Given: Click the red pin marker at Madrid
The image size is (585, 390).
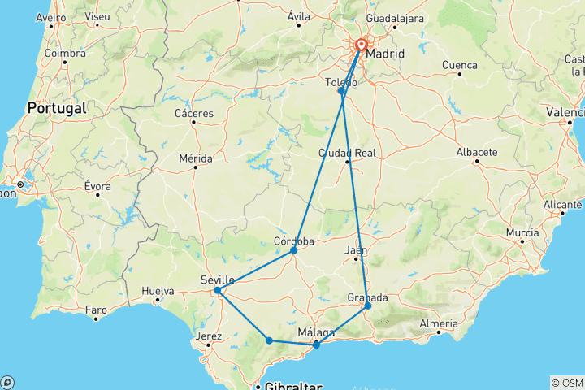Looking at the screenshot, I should click(360, 47).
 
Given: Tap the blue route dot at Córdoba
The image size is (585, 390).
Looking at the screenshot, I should click(294, 250).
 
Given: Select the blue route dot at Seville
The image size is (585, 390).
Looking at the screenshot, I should click(218, 290).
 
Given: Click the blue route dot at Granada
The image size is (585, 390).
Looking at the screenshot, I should click(367, 305).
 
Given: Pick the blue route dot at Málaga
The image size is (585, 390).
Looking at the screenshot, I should click(316, 345).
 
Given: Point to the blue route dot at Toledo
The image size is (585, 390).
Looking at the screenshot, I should click(341, 91).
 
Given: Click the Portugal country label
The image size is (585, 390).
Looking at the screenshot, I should click(56, 107).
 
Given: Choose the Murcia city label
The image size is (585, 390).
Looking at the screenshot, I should click(522, 232).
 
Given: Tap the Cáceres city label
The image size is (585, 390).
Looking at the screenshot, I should click(193, 113).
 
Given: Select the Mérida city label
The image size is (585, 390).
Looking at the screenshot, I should click(195, 158).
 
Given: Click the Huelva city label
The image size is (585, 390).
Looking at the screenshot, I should click(158, 290).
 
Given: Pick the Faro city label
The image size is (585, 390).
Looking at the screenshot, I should click(96, 310).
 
